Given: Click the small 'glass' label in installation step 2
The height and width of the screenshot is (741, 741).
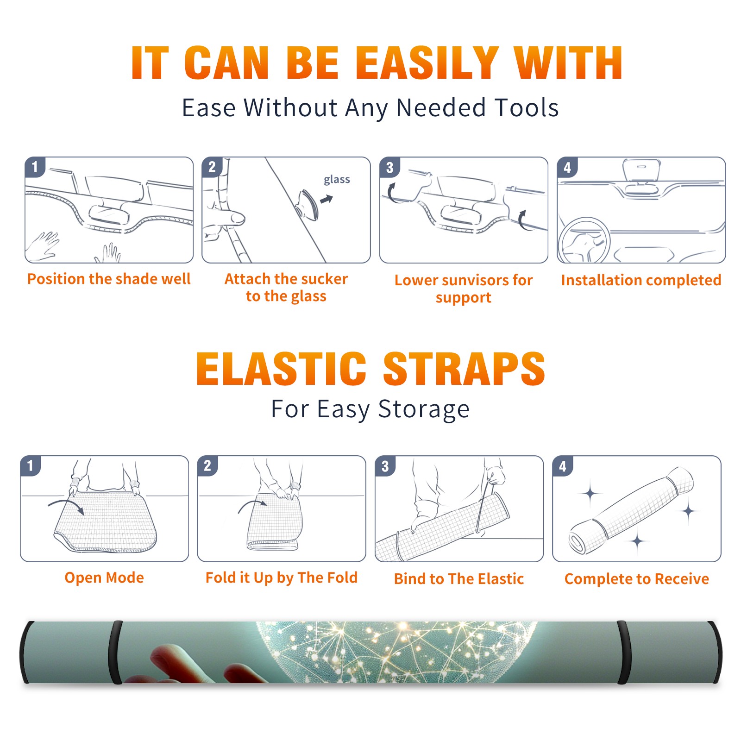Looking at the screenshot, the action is point(337,180).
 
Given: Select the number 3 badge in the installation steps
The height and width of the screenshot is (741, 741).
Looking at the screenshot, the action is point(390,167).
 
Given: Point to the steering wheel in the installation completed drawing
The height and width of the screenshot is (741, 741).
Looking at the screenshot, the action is point(584,240).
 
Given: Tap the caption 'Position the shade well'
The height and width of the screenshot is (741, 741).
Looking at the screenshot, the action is point(109,279).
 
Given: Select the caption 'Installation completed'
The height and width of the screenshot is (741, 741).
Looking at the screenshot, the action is point(641,280).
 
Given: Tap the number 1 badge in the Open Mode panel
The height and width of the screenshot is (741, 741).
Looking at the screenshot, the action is point(31,466).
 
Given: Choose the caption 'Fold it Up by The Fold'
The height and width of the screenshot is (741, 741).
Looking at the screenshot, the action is point(282,578).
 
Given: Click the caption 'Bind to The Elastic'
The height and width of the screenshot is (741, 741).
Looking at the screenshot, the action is point(459,579).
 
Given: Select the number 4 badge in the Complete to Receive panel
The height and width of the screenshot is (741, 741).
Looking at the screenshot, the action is point(563,466).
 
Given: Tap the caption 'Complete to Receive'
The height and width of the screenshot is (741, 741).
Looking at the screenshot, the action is point(637,579).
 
